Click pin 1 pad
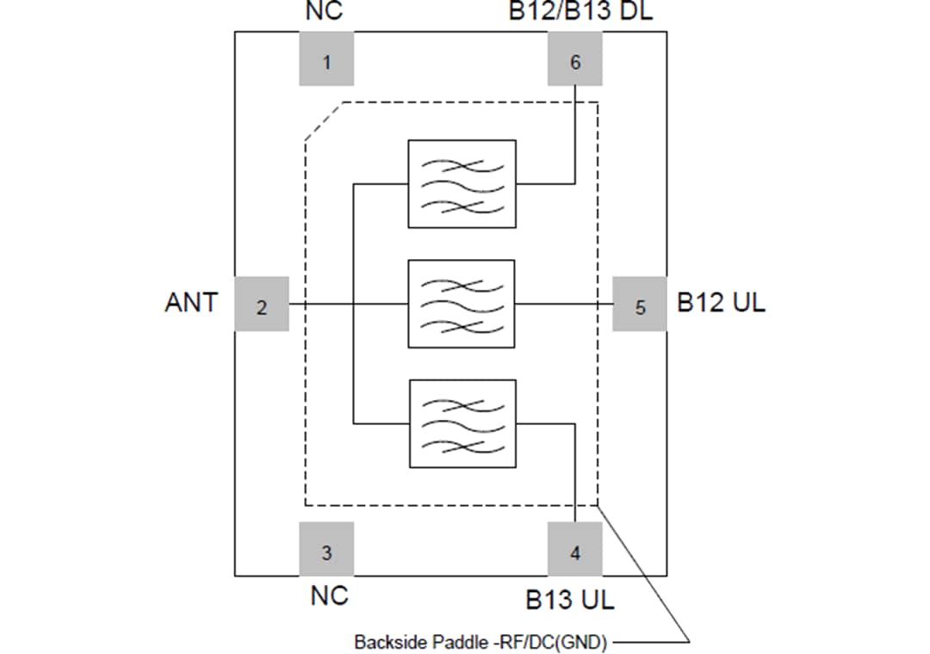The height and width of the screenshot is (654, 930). click(326, 59)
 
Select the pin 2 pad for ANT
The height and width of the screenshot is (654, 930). click(262, 304)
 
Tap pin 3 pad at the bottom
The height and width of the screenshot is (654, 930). click(326, 549)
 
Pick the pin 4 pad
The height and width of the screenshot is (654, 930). click(575, 549)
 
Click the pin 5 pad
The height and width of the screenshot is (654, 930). click(640, 304)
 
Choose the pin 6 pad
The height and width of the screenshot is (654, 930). click(575, 59)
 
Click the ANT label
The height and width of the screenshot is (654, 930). click(191, 303)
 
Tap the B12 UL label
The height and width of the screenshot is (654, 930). click(721, 303)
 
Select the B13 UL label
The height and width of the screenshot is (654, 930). click(570, 600)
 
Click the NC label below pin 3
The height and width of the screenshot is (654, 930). click(329, 595)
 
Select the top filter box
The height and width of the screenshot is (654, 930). click(462, 183)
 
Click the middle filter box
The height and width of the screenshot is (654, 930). click(462, 304)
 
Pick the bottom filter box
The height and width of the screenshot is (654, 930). click(462, 423)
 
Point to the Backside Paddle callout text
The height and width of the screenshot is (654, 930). click(480, 642)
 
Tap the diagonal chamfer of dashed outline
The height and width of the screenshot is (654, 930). click(324, 121)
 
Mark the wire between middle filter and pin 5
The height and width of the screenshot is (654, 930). click(564, 304)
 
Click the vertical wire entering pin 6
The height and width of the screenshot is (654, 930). click(575, 133)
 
